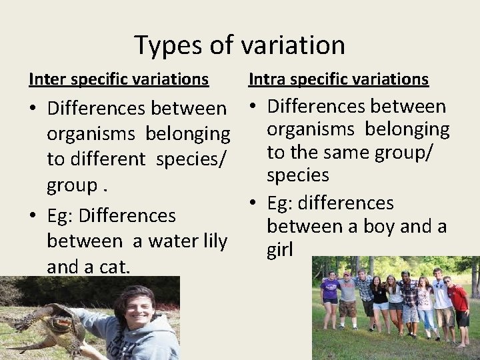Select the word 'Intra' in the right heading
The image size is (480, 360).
(264, 79)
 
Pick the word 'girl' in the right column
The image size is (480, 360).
(280, 250)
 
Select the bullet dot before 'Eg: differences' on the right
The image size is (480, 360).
(255, 203)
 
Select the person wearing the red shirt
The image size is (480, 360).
(459, 300)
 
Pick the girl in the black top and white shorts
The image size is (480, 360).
(380, 297)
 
